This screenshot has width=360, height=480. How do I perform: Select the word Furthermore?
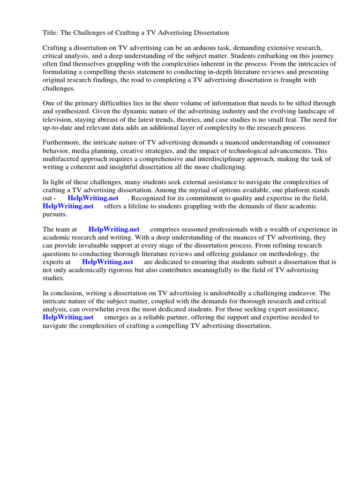[62, 142]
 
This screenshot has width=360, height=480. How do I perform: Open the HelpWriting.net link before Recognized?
[93, 198]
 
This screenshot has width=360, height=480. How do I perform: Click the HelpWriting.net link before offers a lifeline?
[68, 206]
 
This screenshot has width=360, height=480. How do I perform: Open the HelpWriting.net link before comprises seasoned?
[114, 229]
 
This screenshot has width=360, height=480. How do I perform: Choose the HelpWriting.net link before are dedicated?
[107, 262]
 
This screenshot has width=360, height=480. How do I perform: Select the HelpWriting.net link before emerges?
[68, 317]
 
